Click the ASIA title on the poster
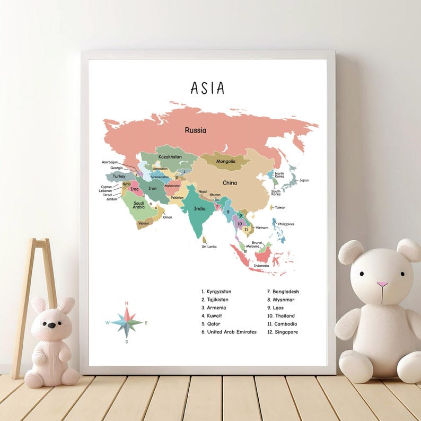(x=207, y=87)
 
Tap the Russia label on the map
(x=195, y=130)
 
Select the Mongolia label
(x=226, y=161)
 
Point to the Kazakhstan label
(x=170, y=157)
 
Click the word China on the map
(x=230, y=183)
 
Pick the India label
(x=199, y=209)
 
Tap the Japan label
(x=304, y=180)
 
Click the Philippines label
(x=286, y=224)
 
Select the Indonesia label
(x=261, y=266)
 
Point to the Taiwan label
(x=279, y=207)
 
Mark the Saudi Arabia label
(x=138, y=205)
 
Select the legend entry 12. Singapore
(x=283, y=332)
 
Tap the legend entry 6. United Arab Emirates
(x=229, y=332)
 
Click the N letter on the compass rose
(x=126, y=303)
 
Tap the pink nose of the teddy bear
(x=382, y=284)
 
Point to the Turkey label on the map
(x=119, y=176)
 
